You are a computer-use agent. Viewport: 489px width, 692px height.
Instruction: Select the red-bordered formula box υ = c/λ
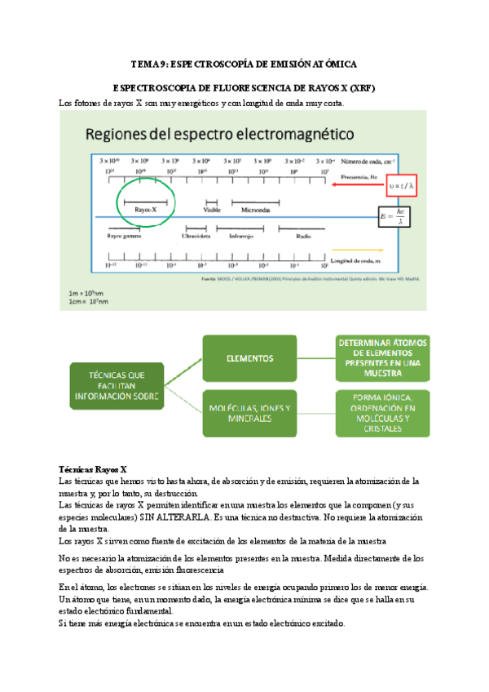(398, 186)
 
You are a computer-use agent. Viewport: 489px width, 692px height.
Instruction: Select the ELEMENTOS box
(249, 358)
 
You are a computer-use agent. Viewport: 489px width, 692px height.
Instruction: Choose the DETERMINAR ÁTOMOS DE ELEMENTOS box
(384, 357)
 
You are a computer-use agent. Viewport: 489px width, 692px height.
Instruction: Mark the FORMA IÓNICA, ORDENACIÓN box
(384, 413)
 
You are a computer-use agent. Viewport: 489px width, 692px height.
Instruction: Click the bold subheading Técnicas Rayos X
(94, 470)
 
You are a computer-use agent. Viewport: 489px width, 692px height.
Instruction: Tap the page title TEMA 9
(244, 63)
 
